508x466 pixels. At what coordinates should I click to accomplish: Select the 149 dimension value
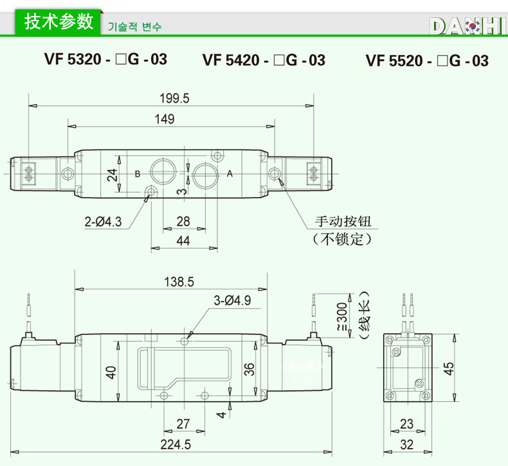point(165,119)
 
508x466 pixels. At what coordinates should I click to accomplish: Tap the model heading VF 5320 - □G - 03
point(106,60)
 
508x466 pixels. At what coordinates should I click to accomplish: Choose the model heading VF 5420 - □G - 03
point(264,60)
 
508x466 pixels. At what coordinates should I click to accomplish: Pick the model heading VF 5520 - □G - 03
point(428,61)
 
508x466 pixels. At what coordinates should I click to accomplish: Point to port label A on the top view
point(230,174)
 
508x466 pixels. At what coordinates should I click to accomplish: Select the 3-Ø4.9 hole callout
point(232,300)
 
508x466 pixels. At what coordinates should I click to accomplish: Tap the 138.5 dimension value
point(179,282)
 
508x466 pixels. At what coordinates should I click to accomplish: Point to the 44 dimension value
point(183,241)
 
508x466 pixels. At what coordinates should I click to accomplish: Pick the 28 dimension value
point(183,221)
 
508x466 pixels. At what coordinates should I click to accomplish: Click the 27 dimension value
point(183,424)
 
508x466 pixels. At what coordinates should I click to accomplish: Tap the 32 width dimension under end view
point(406,444)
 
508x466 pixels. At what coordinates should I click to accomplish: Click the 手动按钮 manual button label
point(343,222)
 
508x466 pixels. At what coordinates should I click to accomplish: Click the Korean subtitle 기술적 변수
point(134,27)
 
